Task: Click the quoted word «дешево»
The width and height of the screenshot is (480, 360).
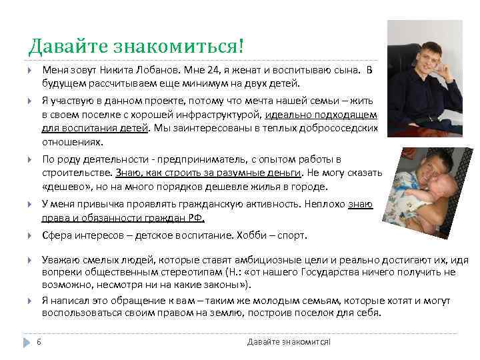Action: pos(64,187)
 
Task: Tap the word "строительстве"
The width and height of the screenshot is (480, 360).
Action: pos(75,173)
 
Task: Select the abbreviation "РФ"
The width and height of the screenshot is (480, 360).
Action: pos(197,218)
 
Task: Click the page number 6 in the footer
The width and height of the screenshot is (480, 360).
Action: pos(39,342)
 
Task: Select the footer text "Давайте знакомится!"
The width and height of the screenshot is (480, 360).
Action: pos(289,342)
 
